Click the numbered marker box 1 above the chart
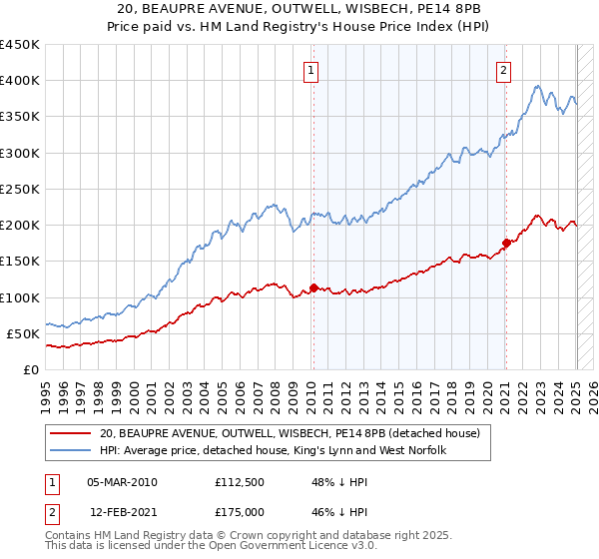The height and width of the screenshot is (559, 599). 312,70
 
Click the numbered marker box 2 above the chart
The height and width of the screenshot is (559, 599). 504,70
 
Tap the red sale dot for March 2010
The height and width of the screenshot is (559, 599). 313,288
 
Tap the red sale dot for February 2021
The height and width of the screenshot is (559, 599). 506,243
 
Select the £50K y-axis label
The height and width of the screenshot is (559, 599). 23,333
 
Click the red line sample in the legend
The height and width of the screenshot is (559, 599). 70,434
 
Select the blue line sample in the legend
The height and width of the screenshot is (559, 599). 70,451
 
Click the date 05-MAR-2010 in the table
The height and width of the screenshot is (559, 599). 122,482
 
